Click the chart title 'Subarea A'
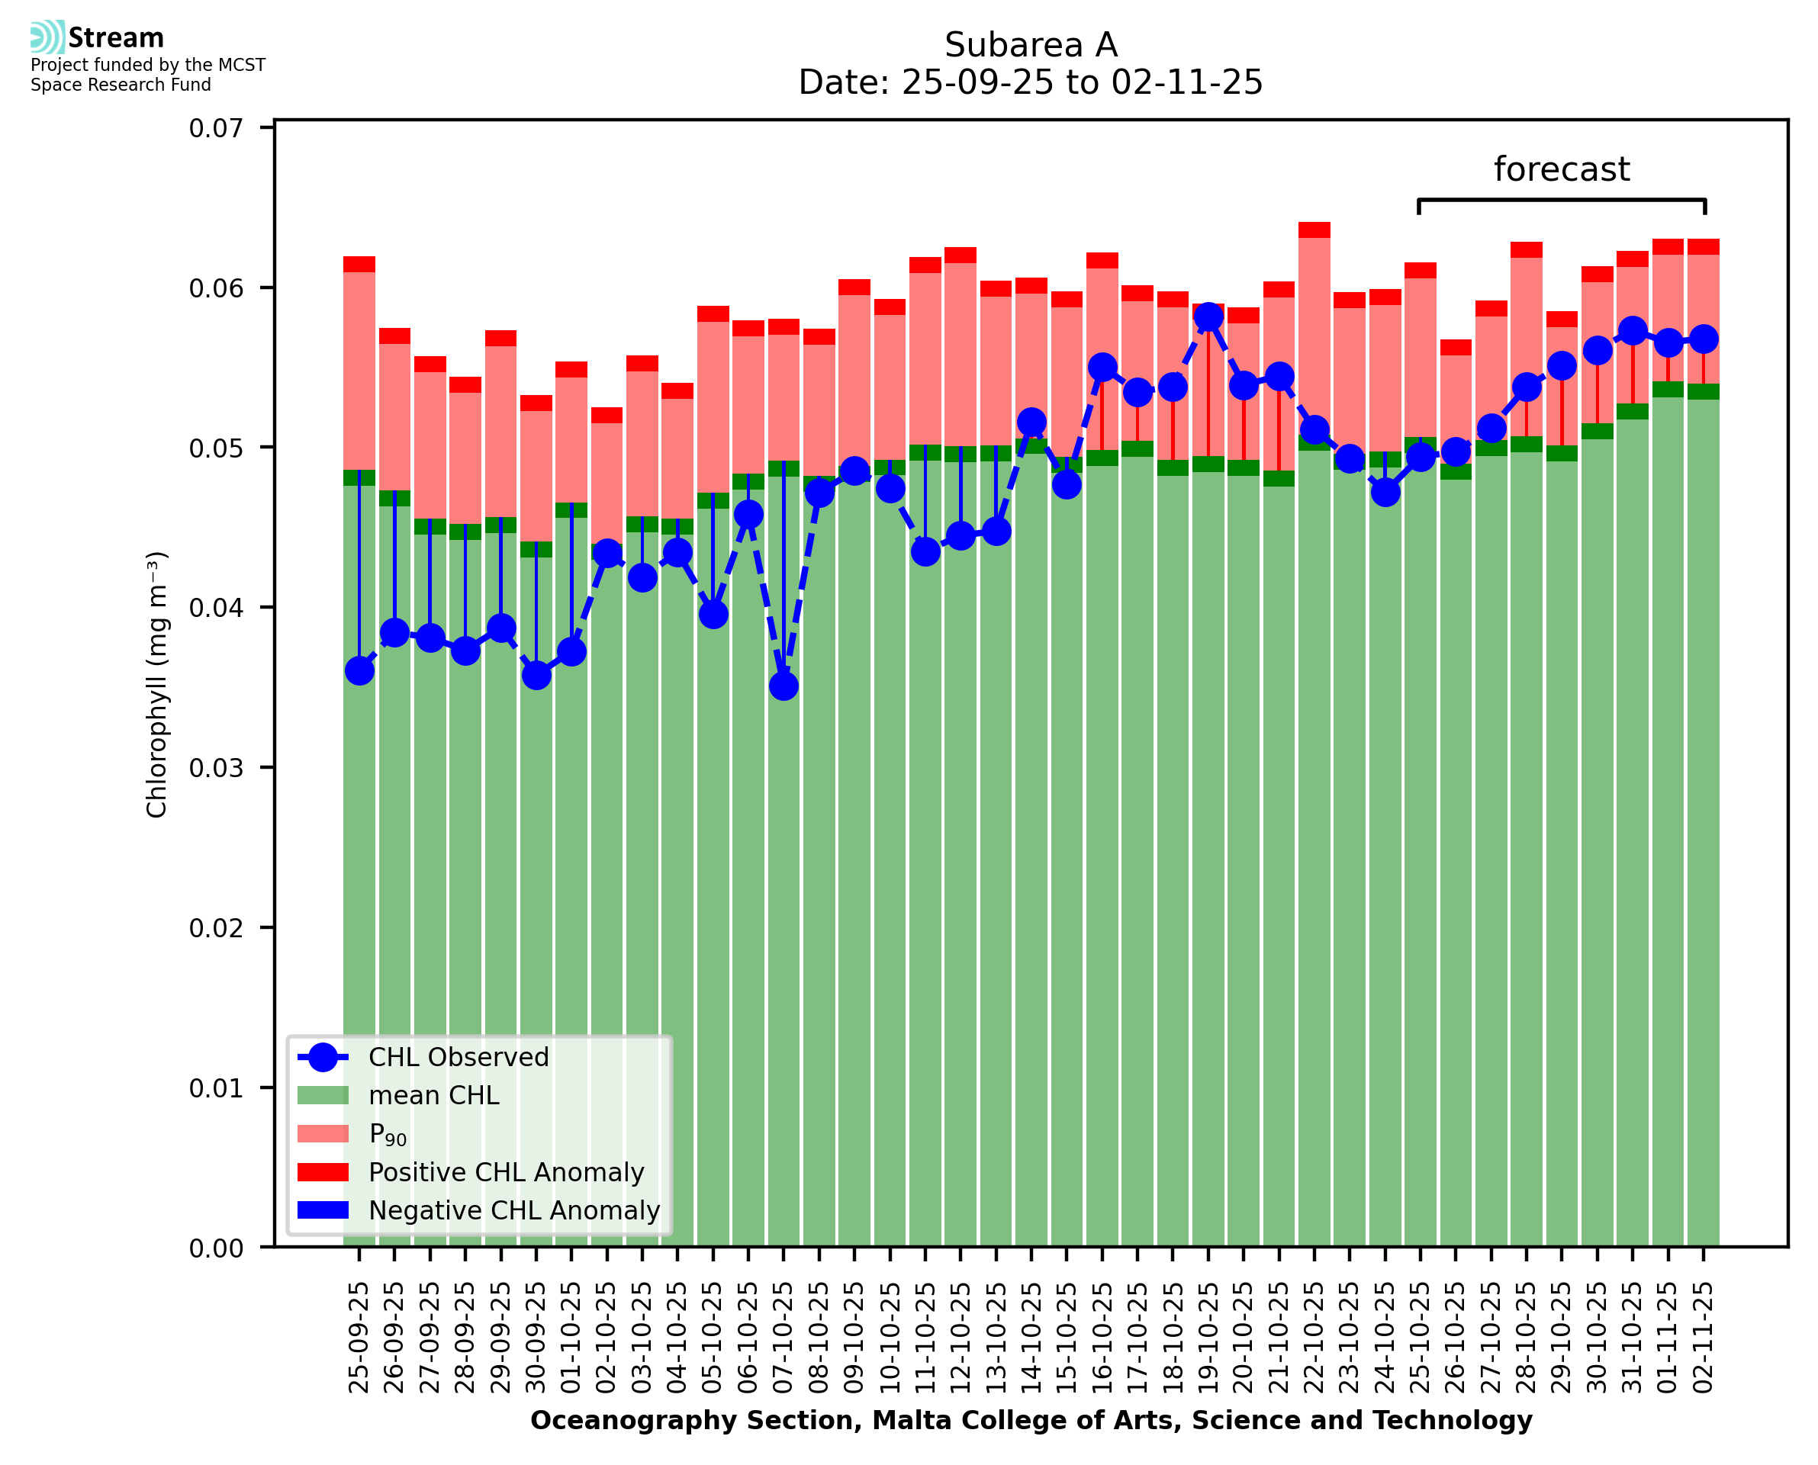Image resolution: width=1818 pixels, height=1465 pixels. (x=1031, y=45)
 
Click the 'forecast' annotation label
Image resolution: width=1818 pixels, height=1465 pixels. (x=1561, y=169)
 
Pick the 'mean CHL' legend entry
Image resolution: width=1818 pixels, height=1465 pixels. (x=434, y=1094)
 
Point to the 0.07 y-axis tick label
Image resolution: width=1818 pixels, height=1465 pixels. (x=215, y=128)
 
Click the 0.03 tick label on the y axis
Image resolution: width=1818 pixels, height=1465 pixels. (x=215, y=768)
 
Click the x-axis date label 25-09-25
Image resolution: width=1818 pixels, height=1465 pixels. (x=359, y=1338)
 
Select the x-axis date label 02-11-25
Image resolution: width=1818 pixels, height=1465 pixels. (x=1704, y=1338)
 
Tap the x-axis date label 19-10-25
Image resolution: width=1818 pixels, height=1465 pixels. (x=1208, y=1338)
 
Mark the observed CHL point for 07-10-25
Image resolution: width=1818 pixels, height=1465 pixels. (x=784, y=686)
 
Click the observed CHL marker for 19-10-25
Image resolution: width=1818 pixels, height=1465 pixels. (x=1208, y=316)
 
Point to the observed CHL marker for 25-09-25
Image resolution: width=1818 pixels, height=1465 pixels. (x=359, y=671)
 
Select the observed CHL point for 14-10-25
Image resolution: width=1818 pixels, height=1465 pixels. (x=1031, y=422)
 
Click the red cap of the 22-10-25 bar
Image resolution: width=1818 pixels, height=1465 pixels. (x=1314, y=230)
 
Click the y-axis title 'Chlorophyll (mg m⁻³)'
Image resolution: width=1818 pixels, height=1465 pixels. (x=157, y=684)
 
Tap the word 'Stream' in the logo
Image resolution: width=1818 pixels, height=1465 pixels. (x=116, y=38)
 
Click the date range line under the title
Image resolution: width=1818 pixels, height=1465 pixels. (x=1031, y=82)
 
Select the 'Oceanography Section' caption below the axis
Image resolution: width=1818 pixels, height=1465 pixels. (x=1031, y=1420)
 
